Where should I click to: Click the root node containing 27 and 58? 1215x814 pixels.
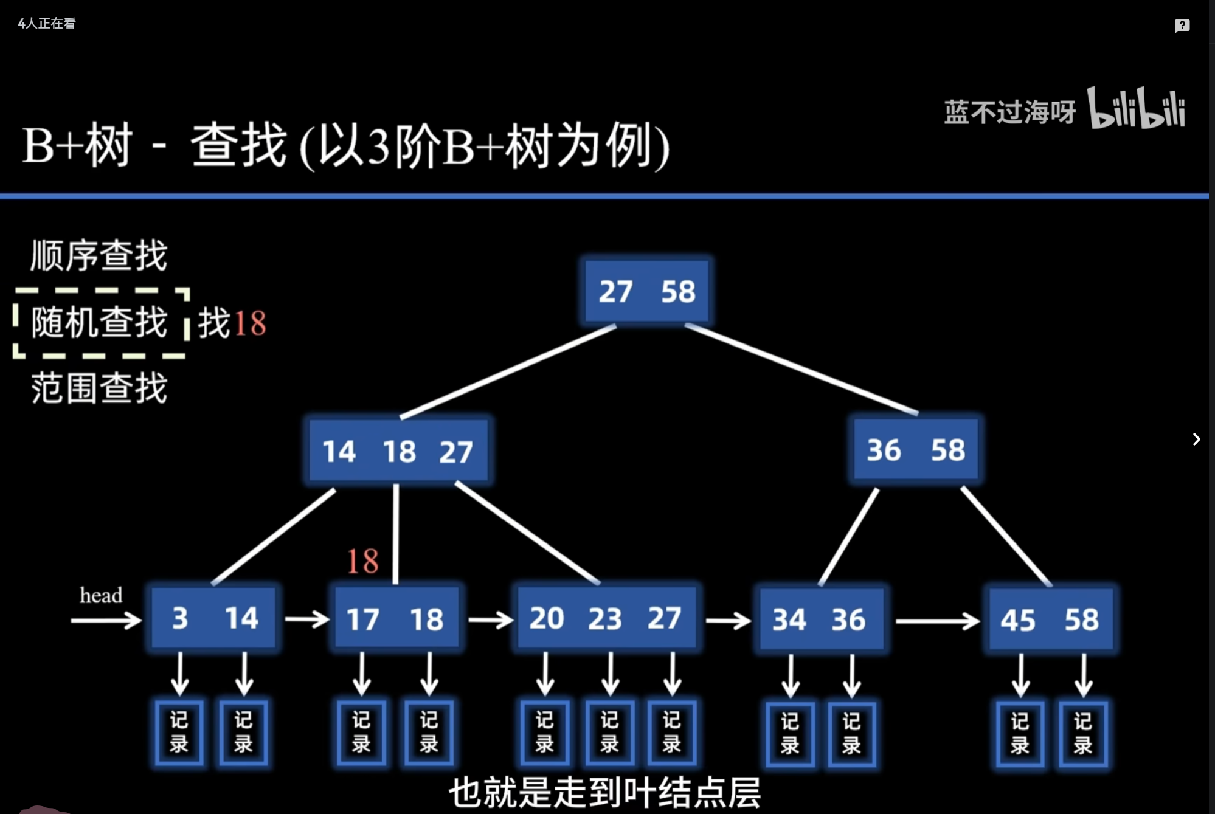(646, 291)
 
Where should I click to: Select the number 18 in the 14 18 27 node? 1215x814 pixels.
(399, 452)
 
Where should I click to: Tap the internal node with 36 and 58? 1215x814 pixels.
(916, 450)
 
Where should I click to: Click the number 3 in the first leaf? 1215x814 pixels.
(180, 618)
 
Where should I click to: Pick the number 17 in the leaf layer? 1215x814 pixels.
(362, 619)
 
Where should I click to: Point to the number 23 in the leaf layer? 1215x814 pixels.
(604, 619)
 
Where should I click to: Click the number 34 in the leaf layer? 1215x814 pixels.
(789, 620)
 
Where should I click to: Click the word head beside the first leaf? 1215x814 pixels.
(101, 595)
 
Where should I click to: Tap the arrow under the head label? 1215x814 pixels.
(106, 621)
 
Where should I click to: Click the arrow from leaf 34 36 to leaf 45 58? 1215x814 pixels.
(937, 621)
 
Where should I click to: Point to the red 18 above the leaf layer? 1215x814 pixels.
(362, 560)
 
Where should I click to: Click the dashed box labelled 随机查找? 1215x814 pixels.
(100, 323)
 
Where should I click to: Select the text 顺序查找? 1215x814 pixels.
(99, 255)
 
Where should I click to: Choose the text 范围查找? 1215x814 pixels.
(99, 388)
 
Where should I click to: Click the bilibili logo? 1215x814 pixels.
(1137, 109)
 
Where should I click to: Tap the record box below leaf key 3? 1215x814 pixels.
(179, 733)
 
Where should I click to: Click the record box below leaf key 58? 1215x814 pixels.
(1083, 733)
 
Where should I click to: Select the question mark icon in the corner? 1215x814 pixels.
(1182, 26)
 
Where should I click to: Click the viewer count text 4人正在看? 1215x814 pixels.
(47, 24)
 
